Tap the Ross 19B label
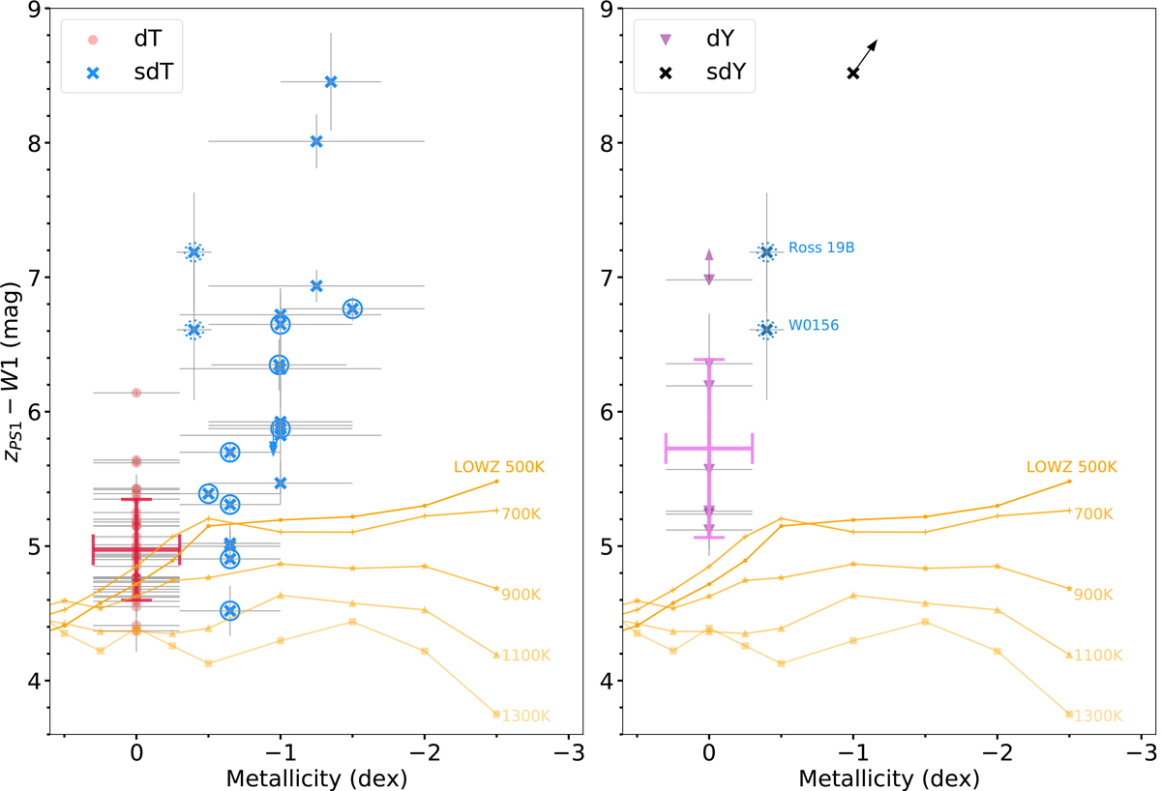click(820, 248)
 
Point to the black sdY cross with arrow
click(853, 73)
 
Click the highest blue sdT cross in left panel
click(331, 82)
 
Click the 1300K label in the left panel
click(524, 717)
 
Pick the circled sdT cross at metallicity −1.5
click(352, 308)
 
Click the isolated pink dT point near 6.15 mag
click(136, 393)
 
